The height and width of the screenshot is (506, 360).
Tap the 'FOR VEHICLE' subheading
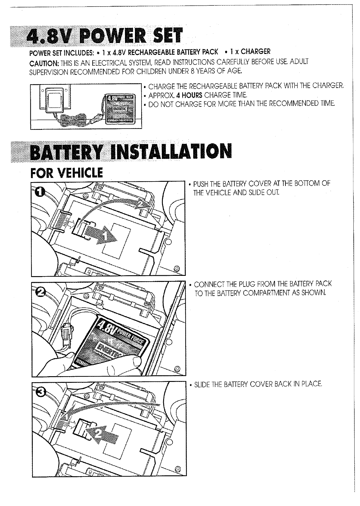point(66,172)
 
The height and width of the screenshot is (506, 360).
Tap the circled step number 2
point(41,291)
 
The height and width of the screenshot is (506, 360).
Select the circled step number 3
point(41,392)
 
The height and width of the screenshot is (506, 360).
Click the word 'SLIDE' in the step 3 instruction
point(203,384)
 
